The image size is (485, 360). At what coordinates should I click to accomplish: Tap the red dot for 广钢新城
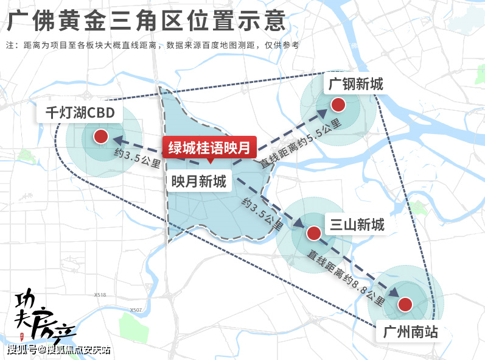coord(338,104)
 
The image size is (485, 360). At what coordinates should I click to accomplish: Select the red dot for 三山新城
coord(313,233)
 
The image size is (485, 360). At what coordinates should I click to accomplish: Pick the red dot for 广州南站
coord(406,305)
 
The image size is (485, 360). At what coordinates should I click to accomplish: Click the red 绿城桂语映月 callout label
coord(209,147)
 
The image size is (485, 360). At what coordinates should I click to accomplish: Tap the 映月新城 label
coord(198,181)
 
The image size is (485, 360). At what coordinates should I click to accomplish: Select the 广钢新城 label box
coord(356,83)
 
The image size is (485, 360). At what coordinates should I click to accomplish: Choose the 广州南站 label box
coord(411,333)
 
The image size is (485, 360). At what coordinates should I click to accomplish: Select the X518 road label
coord(100,295)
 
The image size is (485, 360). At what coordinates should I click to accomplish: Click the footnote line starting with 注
coord(152,45)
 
